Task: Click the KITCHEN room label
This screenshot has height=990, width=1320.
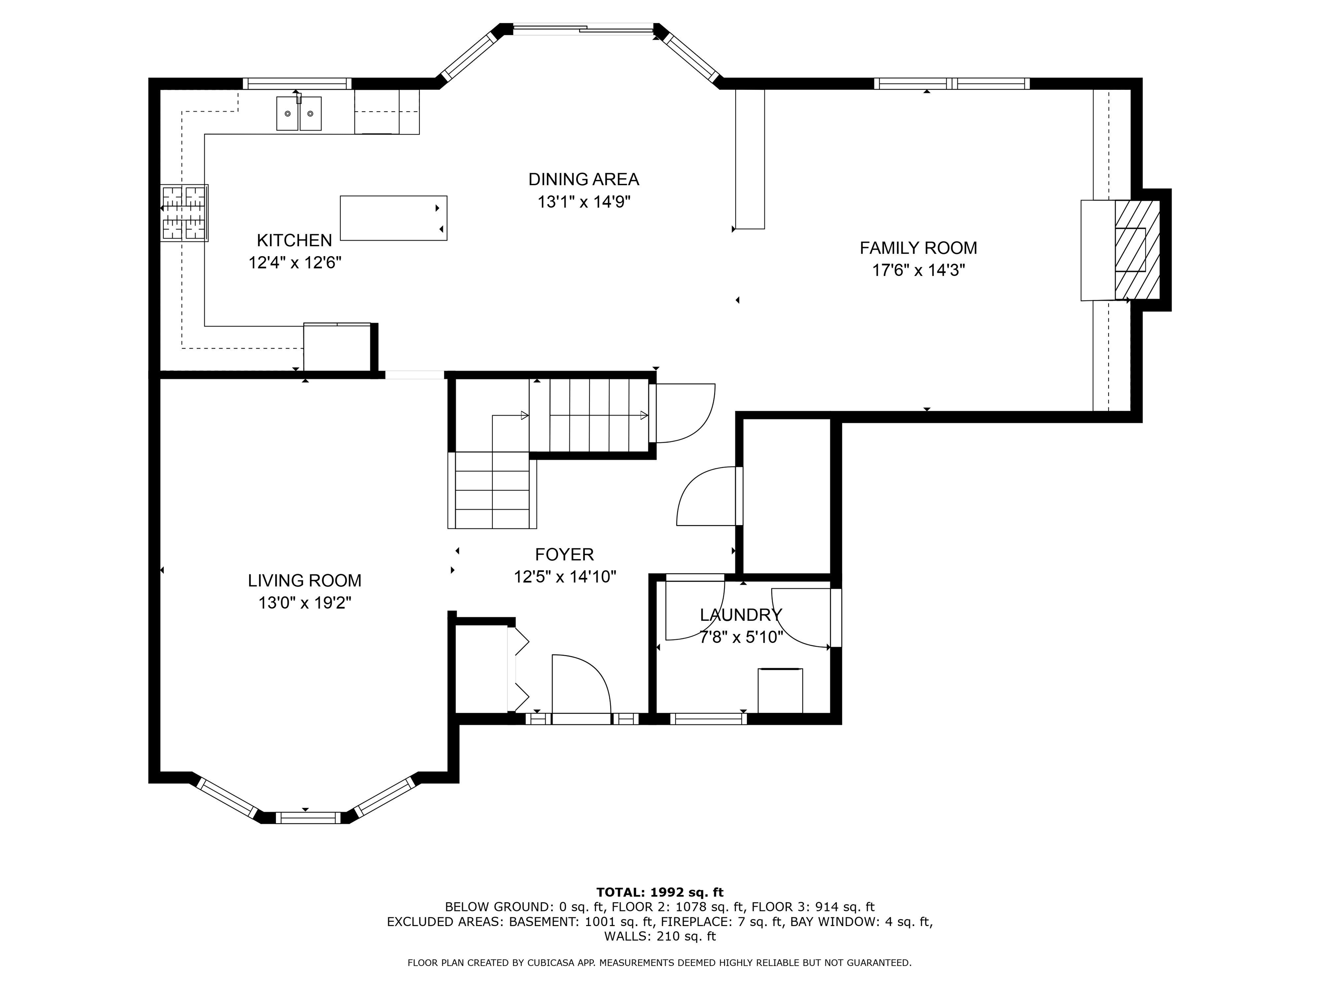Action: click(x=294, y=241)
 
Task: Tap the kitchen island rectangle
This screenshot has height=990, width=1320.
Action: click(x=393, y=218)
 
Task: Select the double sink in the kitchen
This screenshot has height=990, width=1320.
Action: click(x=298, y=113)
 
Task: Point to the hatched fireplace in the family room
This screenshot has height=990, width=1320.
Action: click(x=1137, y=250)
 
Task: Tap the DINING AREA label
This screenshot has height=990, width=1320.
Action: click(x=583, y=179)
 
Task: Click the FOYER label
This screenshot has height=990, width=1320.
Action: click(x=564, y=555)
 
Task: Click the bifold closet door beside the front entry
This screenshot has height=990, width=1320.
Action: click(x=519, y=669)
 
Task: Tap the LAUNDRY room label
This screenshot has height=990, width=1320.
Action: click(x=740, y=614)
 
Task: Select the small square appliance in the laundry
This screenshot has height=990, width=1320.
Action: click(x=779, y=691)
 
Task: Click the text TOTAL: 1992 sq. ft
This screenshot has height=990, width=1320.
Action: click(x=660, y=892)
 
